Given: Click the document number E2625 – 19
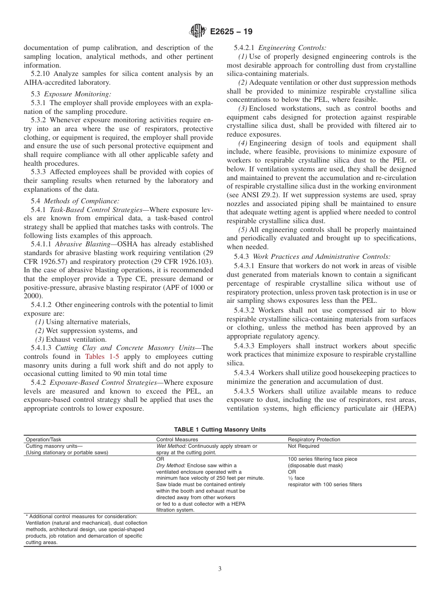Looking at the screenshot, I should coord(231,32).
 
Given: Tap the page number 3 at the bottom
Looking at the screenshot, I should coord(220,569).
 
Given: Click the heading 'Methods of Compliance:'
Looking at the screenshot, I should coord(81,201).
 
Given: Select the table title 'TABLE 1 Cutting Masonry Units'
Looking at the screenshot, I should coord(220,429).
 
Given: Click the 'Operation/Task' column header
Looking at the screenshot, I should coord(44,439).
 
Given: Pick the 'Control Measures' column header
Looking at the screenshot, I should coord(177,439).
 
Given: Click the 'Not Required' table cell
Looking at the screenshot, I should coord(303,446).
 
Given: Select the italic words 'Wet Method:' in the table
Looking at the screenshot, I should coord(171,446).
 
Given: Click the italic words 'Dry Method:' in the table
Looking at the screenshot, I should coord(171,465).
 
